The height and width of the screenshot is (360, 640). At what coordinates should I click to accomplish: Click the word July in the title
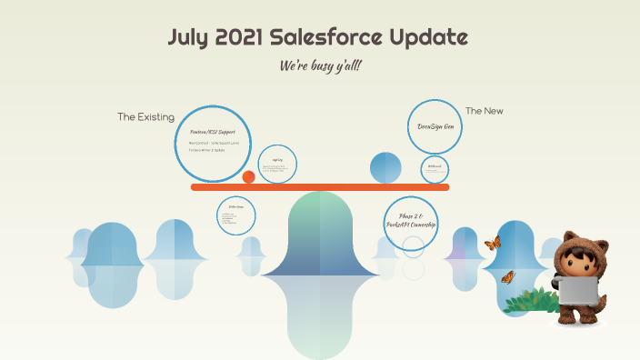(x=190, y=38)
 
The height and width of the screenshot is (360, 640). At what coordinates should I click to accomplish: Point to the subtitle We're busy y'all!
(x=321, y=66)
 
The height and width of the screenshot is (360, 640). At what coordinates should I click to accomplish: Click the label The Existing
(x=145, y=117)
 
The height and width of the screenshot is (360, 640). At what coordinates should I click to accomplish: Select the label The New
(x=484, y=111)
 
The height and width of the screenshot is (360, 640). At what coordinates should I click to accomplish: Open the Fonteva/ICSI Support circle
(x=212, y=143)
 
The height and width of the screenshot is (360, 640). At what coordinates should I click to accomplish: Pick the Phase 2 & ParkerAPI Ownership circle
(x=411, y=223)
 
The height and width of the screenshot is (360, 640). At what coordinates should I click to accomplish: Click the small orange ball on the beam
(x=248, y=176)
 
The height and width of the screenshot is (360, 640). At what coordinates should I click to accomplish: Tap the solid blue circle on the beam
(x=385, y=167)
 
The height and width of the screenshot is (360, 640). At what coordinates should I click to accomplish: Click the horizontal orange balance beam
(x=320, y=187)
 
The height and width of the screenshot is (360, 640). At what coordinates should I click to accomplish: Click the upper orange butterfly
(x=494, y=243)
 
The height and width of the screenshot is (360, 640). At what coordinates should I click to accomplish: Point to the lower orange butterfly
(x=507, y=277)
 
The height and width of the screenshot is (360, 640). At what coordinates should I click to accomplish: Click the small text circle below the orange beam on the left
(x=236, y=215)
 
